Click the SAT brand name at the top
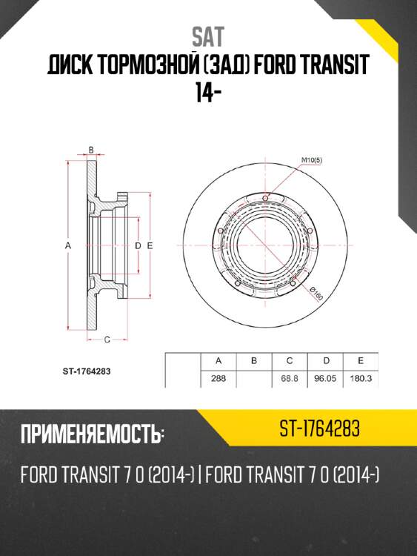click(x=208, y=36)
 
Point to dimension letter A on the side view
click(x=67, y=244)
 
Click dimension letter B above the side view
click(x=90, y=150)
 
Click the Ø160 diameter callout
click(x=316, y=294)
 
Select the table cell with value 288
click(x=219, y=378)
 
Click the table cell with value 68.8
click(x=290, y=378)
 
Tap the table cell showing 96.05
click(x=325, y=378)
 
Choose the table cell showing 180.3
click(x=360, y=378)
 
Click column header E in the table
click(x=360, y=361)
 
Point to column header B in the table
click(x=254, y=361)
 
